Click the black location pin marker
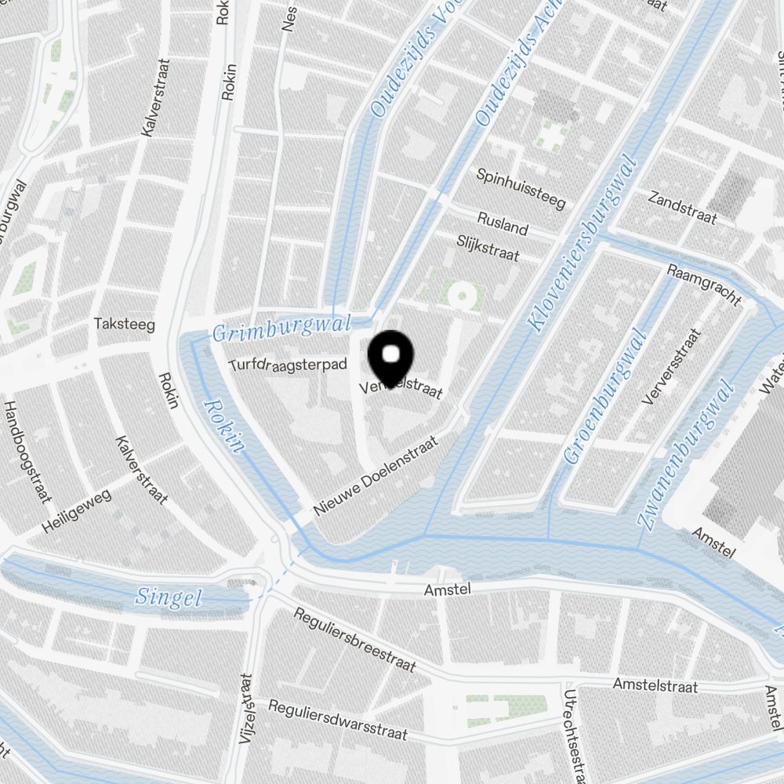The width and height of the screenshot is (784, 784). pyautogui.click(x=390, y=357)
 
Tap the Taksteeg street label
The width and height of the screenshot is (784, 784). pyautogui.click(x=124, y=324)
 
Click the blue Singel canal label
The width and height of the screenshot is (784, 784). pyautogui.click(x=169, y=597)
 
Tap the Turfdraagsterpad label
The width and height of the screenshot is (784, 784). pyautogui.click(x=287, y=365)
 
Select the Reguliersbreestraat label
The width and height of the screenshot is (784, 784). pyautogui.click(x=354, y=640)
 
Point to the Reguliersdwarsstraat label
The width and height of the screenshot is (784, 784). pyautogui.click(x=338, y=719)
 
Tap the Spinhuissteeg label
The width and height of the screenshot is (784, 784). pyautogui.click(x=521, y=188)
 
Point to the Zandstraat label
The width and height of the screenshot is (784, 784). pyautogui.click(x=682, y=207)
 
